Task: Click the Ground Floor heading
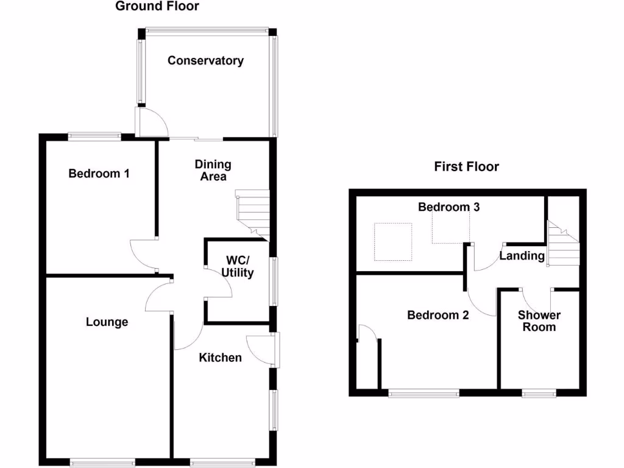tap(157, 7)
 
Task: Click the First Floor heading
tap(466, 166)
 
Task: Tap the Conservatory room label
tap(205, 60)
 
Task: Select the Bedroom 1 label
tap(99, 174)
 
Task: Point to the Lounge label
tap(107, 322)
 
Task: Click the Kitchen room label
tap(221, 358)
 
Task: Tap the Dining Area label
tap(213, 170)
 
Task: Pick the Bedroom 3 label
tap(449, 207)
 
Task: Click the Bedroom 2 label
tap(438, 315)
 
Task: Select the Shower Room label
tap(539, 321)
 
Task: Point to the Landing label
tap(522, 256)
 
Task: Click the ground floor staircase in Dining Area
tap(253, 213)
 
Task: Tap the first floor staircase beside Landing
tap(562, 244)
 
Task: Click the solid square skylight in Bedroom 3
tap(392, 242)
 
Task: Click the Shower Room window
tap(539, 394)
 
